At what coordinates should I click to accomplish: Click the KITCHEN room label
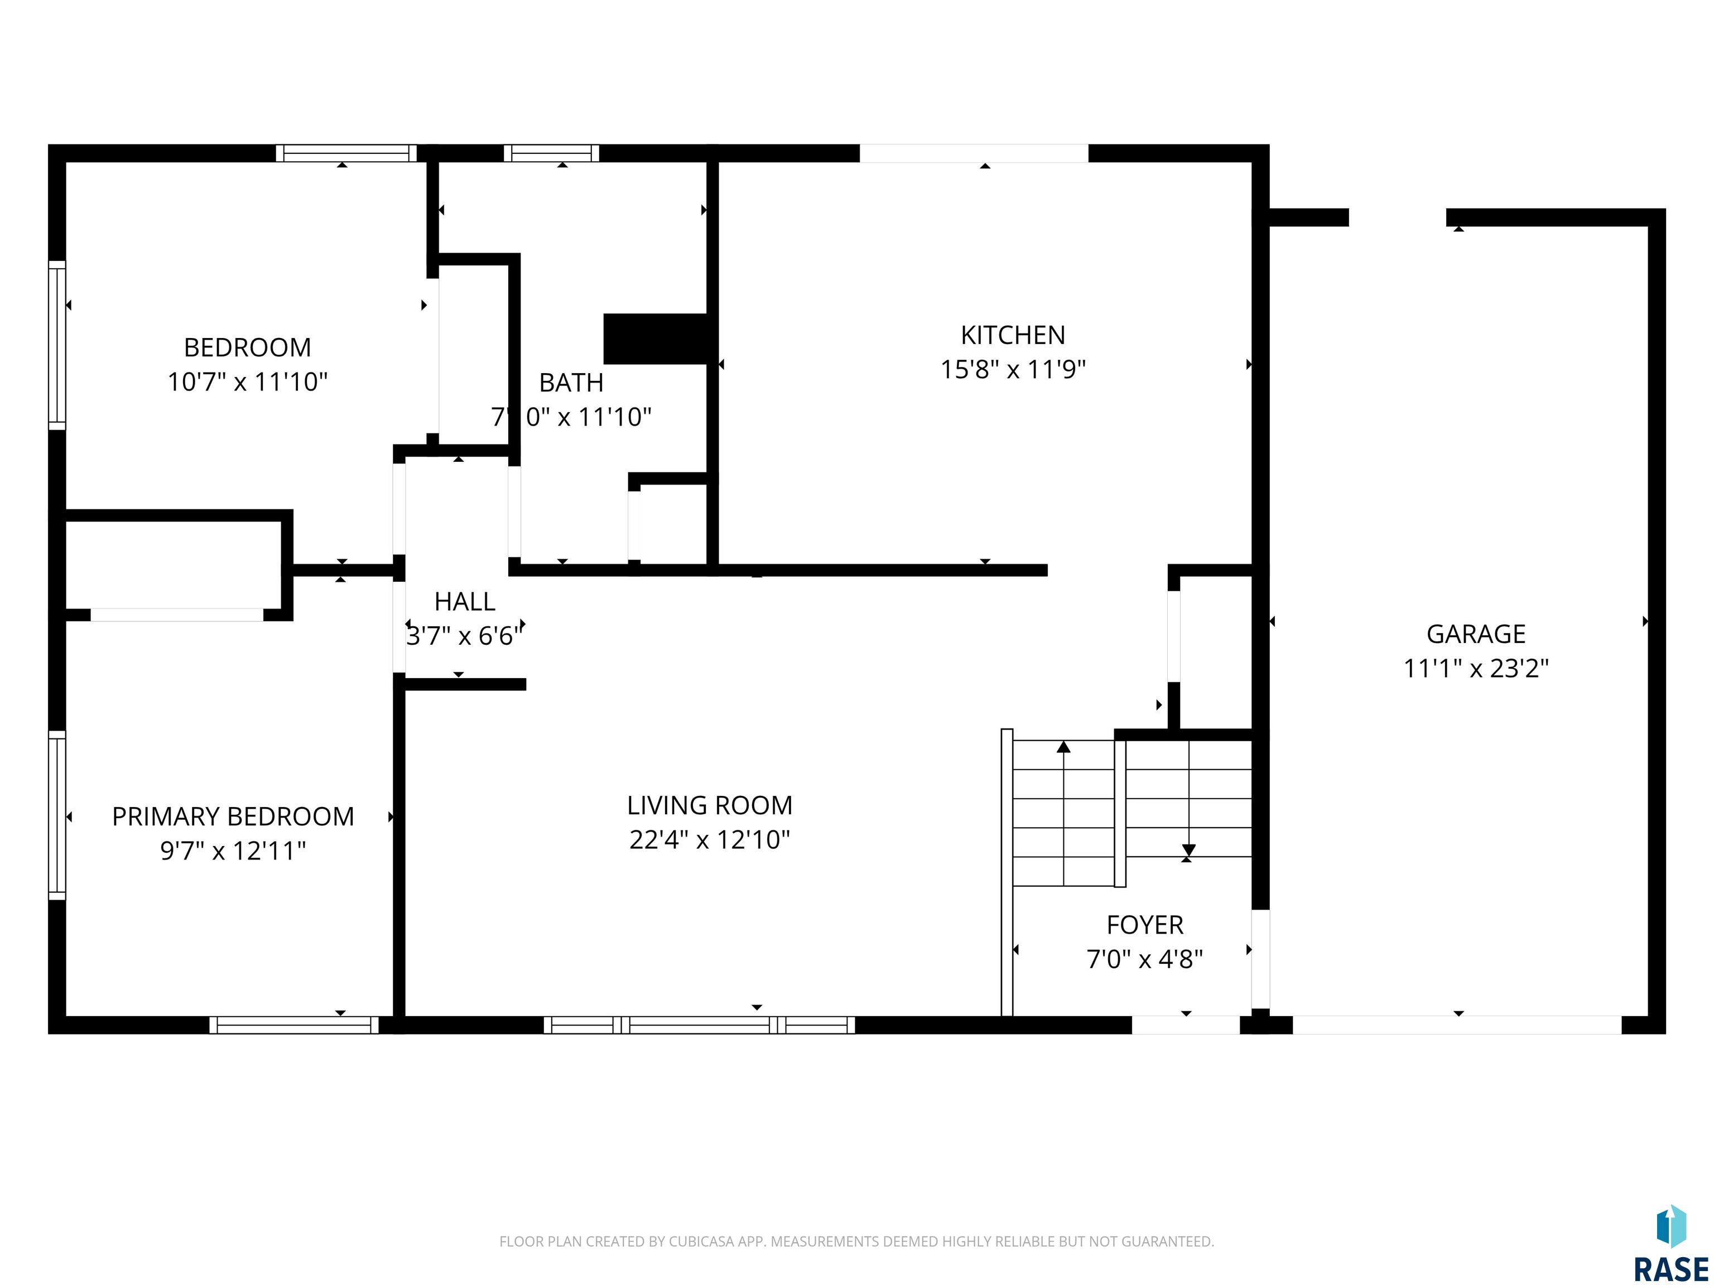[1013, 335]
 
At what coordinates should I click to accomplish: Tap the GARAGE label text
[1476, 634]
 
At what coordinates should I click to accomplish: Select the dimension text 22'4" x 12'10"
[710, 839]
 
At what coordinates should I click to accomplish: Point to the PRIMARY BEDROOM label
[233, 817]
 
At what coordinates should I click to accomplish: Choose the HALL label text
[465, 601]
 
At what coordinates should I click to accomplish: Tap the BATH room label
[571, 382]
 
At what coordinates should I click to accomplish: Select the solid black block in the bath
[656, 339]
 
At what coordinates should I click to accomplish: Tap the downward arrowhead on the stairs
[1188, 851]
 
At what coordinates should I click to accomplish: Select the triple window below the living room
[699, 1025]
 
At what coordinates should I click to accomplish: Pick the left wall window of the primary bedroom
[57, 815]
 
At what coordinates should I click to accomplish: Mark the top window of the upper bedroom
[346, 153]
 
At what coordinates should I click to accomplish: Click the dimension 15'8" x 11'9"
[1013, 369]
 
